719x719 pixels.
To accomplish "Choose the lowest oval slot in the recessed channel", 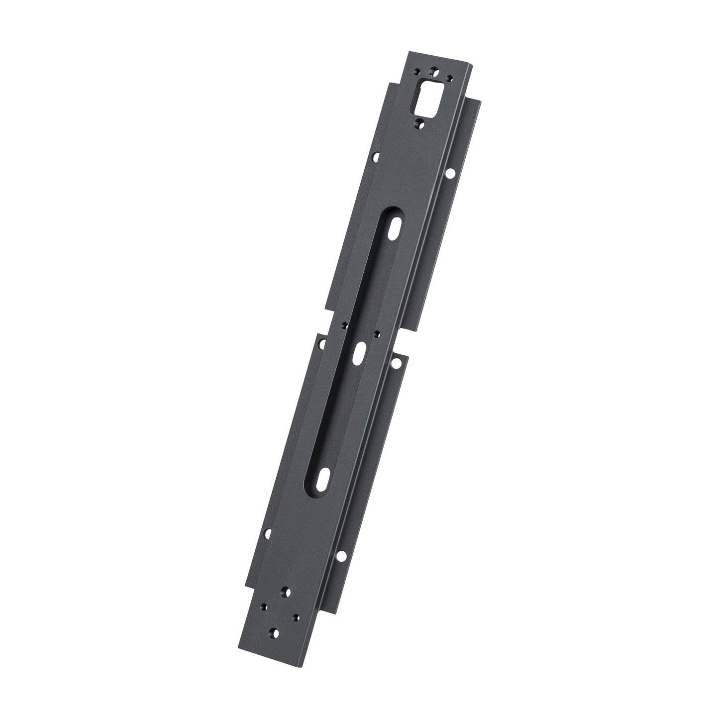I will coord(324,478).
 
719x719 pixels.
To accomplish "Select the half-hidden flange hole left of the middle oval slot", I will coord(322,343).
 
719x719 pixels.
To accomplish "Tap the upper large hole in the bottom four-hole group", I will coord(286,591).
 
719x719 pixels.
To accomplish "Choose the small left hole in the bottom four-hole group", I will coord(263,607).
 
